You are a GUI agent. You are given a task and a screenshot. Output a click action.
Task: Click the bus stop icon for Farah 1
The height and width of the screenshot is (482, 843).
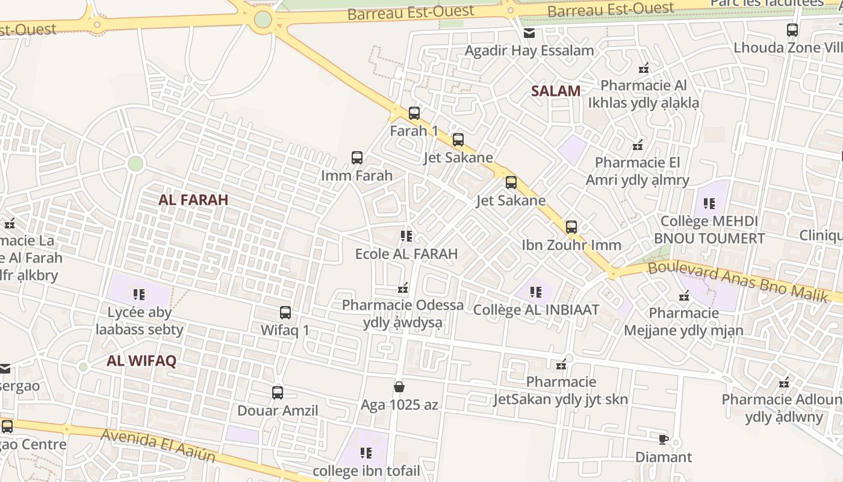tap(414, 113)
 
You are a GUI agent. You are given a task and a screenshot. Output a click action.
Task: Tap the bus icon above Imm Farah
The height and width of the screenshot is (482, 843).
tap(357, 158)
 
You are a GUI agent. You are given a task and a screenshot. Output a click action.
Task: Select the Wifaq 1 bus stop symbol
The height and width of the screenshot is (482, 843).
tap(285, 313)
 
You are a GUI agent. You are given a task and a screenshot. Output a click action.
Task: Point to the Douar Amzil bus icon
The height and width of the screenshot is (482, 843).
tap(278, 393)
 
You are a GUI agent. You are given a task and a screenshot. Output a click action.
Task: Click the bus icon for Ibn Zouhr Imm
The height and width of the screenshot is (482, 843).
tap(571, 227)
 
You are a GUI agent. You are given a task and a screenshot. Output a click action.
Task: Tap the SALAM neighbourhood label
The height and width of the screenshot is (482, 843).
tap(556, 91)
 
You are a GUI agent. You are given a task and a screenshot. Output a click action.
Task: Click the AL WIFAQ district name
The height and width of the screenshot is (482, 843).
tap(142, 361)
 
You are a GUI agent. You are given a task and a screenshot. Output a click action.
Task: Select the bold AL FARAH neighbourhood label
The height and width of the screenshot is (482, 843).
tap(193, 199)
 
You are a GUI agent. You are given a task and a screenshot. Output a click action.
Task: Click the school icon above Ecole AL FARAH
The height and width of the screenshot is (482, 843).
tap(406, 236)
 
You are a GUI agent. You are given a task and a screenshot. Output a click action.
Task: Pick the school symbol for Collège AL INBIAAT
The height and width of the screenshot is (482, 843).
tap(536, 292)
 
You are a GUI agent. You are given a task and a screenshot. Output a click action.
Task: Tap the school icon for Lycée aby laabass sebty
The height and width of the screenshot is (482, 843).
tap(139, 295)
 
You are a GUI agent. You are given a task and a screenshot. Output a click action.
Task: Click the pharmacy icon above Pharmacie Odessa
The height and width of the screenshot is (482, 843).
tap(403, 288)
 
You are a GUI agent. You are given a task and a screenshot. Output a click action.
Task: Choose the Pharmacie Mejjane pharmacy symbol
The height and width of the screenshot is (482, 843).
tap(684, 296)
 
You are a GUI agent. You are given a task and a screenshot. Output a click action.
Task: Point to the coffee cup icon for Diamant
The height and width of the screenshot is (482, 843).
tap(664, 439)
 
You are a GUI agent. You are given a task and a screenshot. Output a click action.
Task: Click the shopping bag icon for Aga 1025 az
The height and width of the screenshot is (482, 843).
tap(399, 387)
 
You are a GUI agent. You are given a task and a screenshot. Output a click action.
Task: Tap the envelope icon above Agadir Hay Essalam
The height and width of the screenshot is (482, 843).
tap(529, 33)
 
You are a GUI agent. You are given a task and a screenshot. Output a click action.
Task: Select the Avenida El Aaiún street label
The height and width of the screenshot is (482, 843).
tap(158, 445)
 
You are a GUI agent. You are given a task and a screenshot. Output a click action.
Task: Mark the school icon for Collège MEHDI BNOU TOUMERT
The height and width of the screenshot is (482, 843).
tap(709, 204)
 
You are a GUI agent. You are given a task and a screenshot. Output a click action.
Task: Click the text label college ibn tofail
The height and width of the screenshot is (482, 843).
tap(366, 471)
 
